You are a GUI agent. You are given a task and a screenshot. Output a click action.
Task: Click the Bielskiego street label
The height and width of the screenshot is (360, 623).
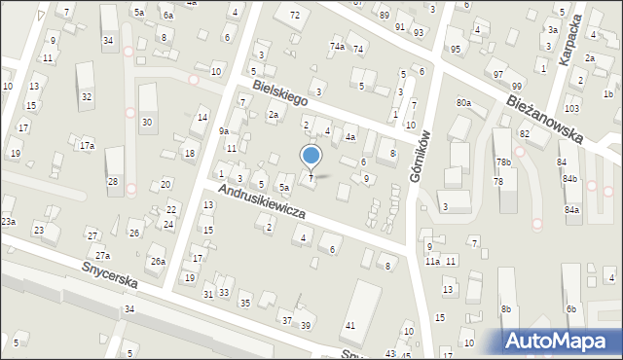click(x=280, y=93)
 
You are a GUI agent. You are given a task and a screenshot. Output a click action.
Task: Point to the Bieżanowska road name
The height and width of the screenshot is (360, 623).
click(x=544, y=111)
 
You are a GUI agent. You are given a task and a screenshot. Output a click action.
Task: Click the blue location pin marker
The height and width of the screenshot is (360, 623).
click(x=311, y=156)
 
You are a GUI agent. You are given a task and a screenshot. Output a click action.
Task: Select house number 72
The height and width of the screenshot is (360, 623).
click(x=295, y=15)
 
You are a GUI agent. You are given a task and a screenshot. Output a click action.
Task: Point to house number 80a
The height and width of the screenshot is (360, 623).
click(x=463, y=102)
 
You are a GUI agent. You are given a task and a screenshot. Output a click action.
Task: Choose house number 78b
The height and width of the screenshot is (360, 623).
click(x=502, y=162)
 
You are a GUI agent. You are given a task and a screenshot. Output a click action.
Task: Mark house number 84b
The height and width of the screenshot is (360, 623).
click(x=569, y=179)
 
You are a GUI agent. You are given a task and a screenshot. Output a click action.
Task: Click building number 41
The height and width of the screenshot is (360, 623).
click(x=350, y=324)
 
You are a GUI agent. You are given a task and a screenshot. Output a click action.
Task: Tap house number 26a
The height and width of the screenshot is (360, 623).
click(x=157, y=261)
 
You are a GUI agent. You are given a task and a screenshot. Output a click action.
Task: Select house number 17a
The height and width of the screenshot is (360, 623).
click(x=88, y=146)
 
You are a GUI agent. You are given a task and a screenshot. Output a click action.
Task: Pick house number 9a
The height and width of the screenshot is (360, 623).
click(x=223, y=130)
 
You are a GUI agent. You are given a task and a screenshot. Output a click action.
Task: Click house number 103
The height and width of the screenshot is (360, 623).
click(x=571, y=107)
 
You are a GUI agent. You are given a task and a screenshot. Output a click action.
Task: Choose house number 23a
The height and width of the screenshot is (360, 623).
click(x=8, y=222)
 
